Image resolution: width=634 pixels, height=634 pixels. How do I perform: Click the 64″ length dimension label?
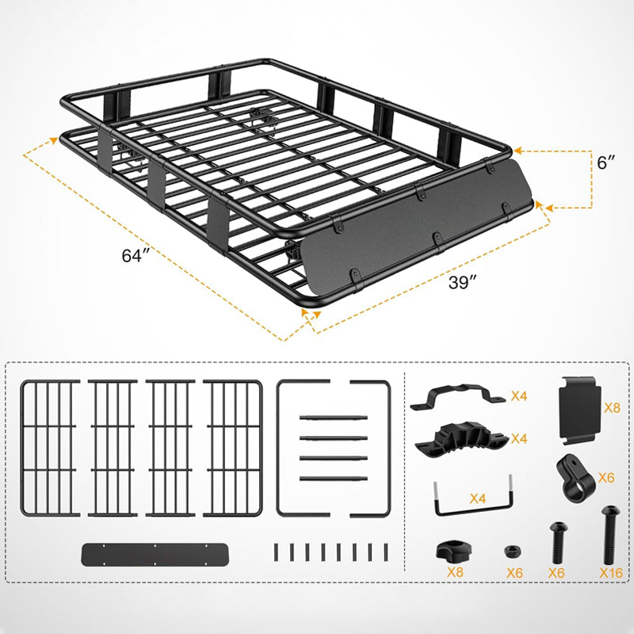(x=136, y=257)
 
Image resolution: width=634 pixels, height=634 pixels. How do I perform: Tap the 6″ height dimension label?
(x=606, y=163)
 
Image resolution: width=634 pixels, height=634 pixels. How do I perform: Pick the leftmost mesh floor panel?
(x=50, y=448)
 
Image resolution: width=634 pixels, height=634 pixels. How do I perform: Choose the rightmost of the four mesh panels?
(x=232, y=448)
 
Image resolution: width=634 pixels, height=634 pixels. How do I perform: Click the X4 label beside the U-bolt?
(x=477, y=499)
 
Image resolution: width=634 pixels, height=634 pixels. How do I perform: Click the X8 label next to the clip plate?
(x=613, y=408)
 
